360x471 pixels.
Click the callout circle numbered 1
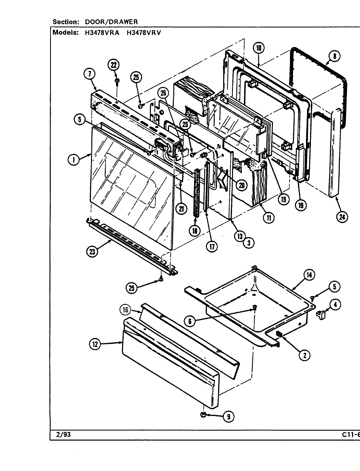pyautogui.click(x=74, y=160)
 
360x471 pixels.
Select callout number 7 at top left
pyautogui.click(x=89, y=74)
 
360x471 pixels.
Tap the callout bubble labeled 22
pyautogui.click(x=113, y=65)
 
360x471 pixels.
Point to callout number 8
pyautogui.click(x=334, y=56)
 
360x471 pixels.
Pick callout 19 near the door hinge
pyautogui.click(x=300, y=205)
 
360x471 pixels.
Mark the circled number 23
pyautogui.click(x=92, y=252)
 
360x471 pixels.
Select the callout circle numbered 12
pyautogui.click(x=95, y=344)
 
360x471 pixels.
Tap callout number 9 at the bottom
pyautogui.click(x=228, y=416)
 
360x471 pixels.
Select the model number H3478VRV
pyautogui.click(x=144, y=33)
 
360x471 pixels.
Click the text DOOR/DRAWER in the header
pyautogui.click(x=111, y=22)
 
